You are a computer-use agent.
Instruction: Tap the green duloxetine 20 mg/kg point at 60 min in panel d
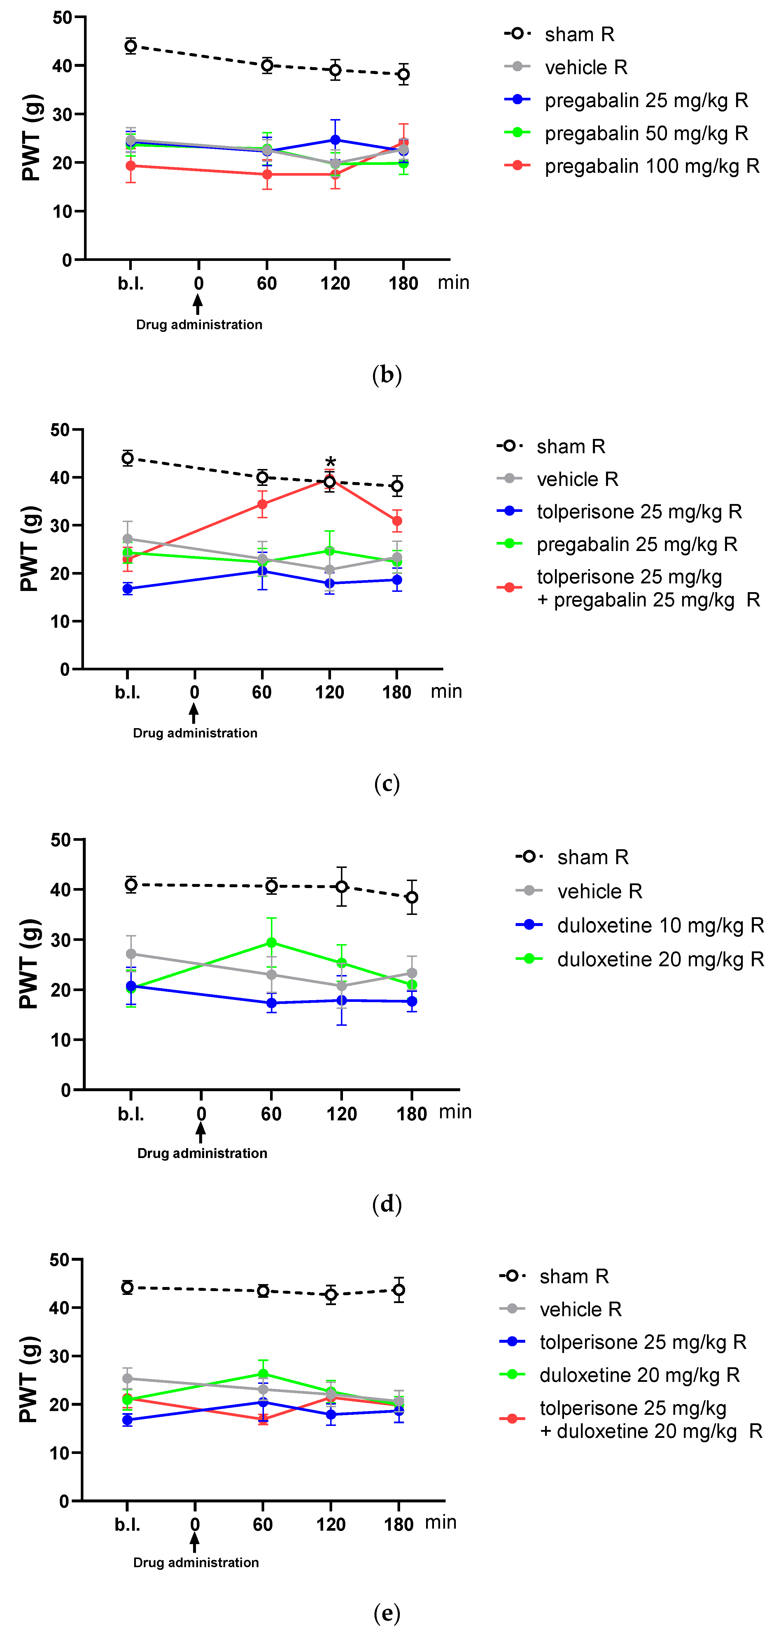tap(271, 943)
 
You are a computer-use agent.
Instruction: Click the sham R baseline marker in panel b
tap(131, 46)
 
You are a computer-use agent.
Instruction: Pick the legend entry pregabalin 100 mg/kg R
tap(652, 166)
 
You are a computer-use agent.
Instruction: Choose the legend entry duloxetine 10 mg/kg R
tap(660, 925)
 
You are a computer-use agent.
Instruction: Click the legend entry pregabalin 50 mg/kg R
tap(646, 133)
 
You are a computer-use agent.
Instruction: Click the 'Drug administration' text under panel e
tap(196, 1562)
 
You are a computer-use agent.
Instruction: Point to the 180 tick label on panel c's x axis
tap(397, 692)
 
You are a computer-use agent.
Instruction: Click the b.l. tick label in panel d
tap(131, 1114)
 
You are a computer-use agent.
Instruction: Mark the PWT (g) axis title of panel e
tap(29, 1380)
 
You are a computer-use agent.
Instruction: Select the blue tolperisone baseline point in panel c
tap(127, 589)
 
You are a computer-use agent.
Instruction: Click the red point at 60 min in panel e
tap(263, 1419)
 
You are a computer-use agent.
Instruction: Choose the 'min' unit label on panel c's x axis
tap(446, 691)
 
